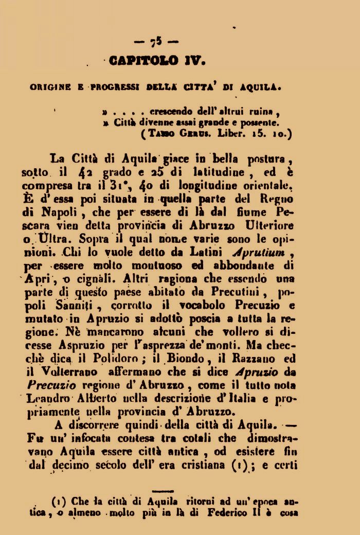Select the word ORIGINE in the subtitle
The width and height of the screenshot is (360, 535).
pos(50,87)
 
